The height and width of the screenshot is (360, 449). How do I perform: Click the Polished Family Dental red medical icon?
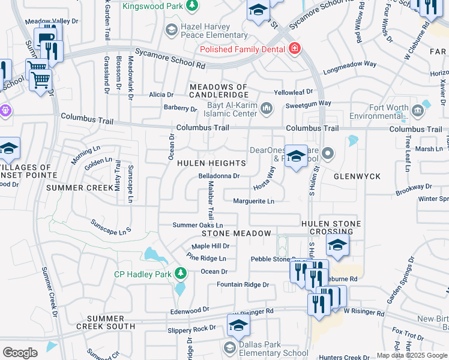[x=294, y=49]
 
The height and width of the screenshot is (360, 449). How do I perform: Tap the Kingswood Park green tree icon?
[x=191, y=7]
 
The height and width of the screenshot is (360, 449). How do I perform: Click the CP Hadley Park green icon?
[x=181, y=274]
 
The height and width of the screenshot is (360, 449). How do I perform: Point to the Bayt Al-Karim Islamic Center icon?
[x=266, y=108]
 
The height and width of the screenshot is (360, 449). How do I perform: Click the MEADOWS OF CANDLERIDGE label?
[x=218, y=91]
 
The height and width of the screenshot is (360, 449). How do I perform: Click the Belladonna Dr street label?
[x=218, y=176]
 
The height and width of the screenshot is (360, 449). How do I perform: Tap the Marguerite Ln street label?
[x=253, y=201]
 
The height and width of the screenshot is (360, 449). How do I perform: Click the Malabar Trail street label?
[x=211, y=202]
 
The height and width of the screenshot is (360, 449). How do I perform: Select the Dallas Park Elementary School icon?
[x=229, y=347]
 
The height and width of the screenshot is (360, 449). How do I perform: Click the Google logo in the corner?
[x=20, y=353]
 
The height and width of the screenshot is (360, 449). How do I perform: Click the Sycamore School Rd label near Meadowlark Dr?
[x=170, y=58]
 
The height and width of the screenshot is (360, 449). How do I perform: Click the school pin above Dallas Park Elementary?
[x=238, y=326]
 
